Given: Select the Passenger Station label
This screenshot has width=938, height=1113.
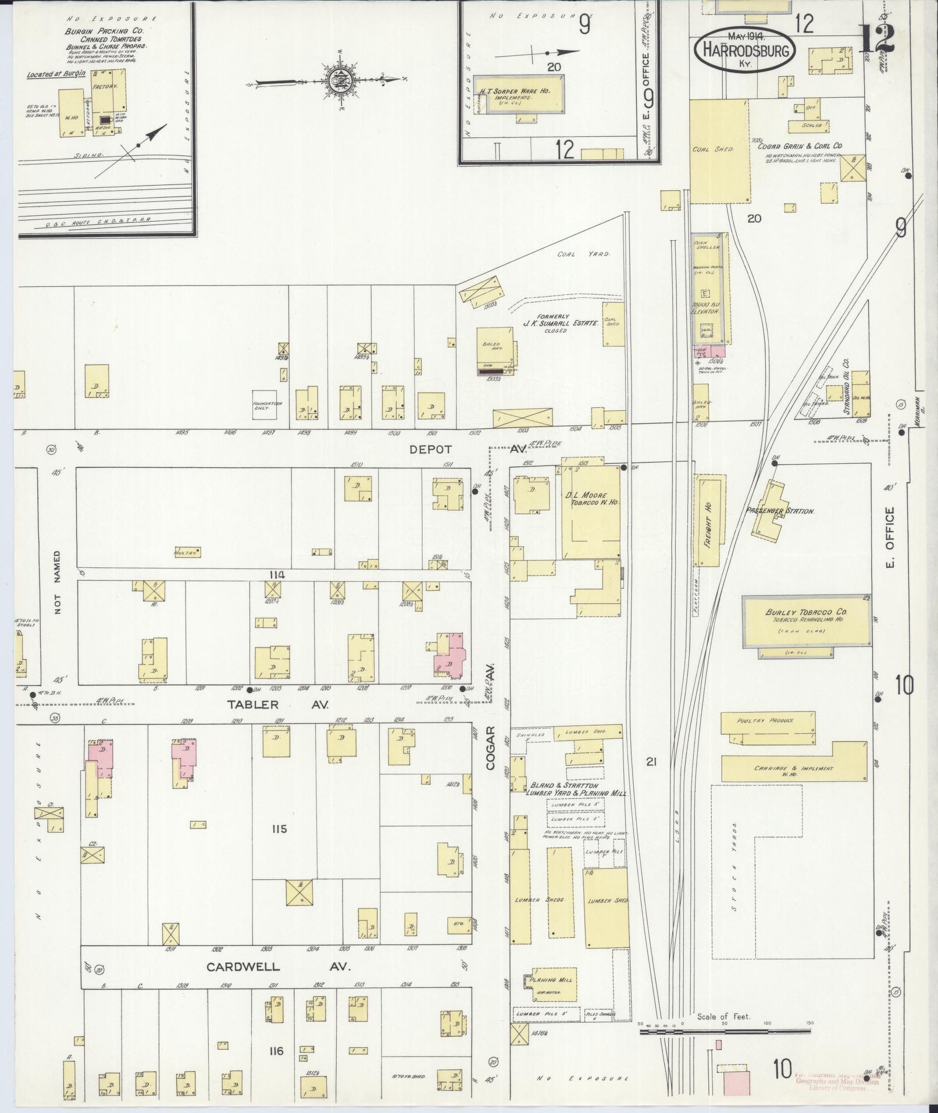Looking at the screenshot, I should (x=780, y=511).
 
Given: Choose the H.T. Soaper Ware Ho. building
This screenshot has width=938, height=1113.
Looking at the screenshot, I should (x=519, y=94).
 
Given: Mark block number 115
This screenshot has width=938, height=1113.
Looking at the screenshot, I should (x=279, y=828).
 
